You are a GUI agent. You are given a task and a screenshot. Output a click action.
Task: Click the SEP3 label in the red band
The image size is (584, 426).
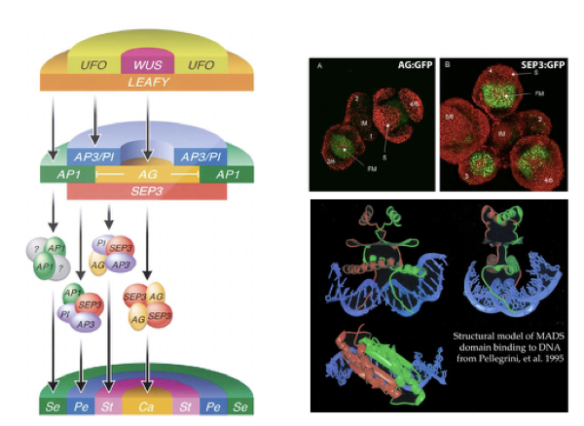click(x=146, y=191)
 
